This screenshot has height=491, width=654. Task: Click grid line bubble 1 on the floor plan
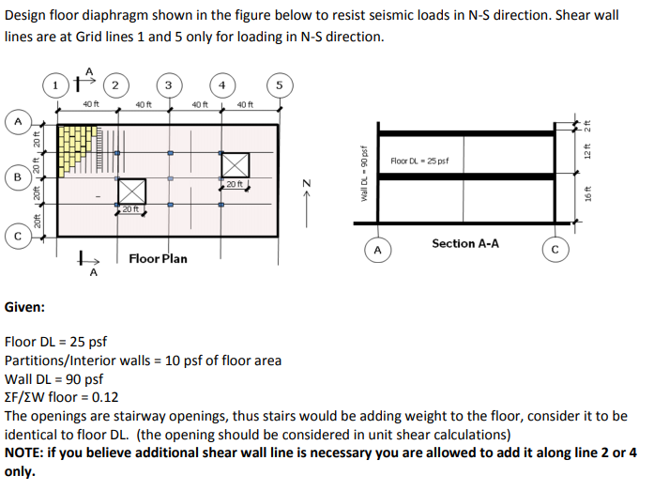(x=58, y=85)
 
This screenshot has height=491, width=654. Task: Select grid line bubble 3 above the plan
(x=168, y=85)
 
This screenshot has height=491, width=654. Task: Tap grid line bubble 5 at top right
(x=279, y=85)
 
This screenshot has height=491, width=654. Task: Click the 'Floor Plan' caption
(x=158, y=258)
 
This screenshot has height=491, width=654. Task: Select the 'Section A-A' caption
(x=465, y=243)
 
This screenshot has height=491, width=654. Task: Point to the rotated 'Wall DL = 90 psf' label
(x=363, y=176)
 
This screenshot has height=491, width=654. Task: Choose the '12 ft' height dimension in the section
(x=589, y=148)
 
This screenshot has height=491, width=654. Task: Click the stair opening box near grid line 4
(x=236, y=164)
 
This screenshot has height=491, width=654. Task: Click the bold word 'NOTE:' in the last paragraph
(x=29, y=453)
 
